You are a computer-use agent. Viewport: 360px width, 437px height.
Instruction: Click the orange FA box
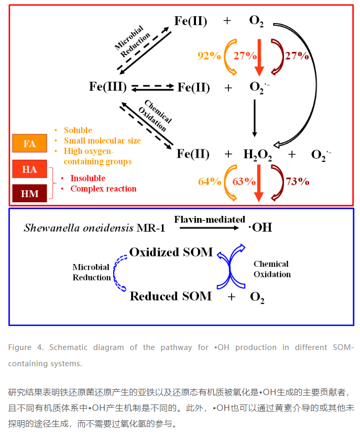[x=30, y=143]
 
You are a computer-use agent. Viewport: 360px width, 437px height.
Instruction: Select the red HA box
[x=30, y=169]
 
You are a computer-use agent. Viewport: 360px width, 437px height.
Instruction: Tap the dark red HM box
[x=30, y=193]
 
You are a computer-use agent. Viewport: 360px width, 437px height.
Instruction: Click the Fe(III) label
[x=108, y=87]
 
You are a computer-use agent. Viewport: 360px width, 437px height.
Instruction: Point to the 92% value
[x=209, y=56]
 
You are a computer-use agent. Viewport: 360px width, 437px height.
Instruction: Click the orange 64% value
[x=210, y=182]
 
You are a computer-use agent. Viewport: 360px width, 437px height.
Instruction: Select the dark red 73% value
[x=297, y=182]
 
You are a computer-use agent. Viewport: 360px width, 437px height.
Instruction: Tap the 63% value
[x=244, y=182]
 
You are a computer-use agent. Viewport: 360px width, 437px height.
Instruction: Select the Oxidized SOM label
[x=171, y=252]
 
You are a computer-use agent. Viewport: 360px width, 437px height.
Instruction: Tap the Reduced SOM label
[x=171, y=296]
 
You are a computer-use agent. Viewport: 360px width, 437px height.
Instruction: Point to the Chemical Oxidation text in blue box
[x=272, y=269]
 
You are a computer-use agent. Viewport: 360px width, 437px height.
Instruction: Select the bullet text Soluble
[x=78, y=130]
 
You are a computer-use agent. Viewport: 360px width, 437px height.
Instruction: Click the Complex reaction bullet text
[x=103, y=189]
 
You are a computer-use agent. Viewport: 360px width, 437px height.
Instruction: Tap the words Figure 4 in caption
[x=26, y=347]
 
